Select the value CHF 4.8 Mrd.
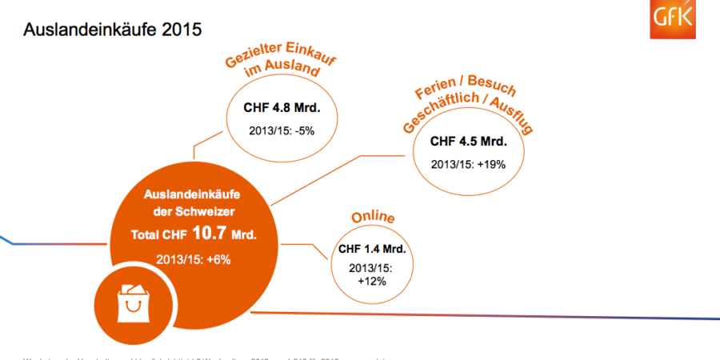coord(281,107)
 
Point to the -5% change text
coord(281,130)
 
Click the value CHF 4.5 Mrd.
coord(469,142)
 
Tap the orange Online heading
coord(374,218)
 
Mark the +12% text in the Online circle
coord(373,281)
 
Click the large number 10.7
coord(207,234)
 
